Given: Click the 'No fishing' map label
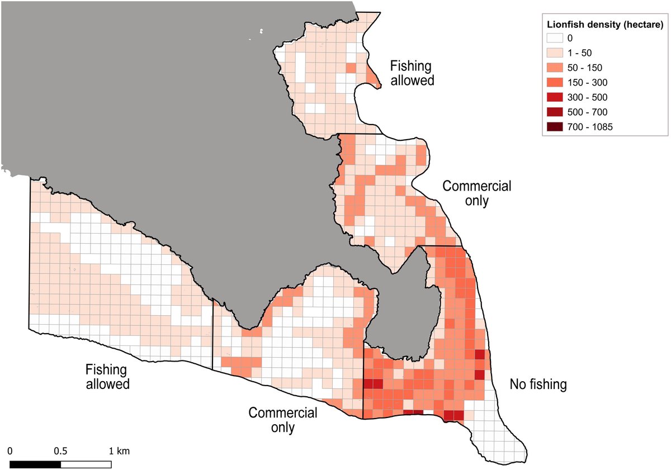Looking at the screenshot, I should pos(538,384).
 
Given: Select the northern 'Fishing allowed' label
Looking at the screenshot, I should pos(411,73).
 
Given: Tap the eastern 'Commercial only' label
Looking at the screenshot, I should pos(476,193).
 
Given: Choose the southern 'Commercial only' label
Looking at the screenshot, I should pos(283,420).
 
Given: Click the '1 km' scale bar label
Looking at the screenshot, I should pos(120,450).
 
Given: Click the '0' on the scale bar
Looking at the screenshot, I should pos(11,450).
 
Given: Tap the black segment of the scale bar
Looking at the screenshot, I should pos(35,464).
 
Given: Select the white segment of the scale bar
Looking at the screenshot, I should pos(86,464).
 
